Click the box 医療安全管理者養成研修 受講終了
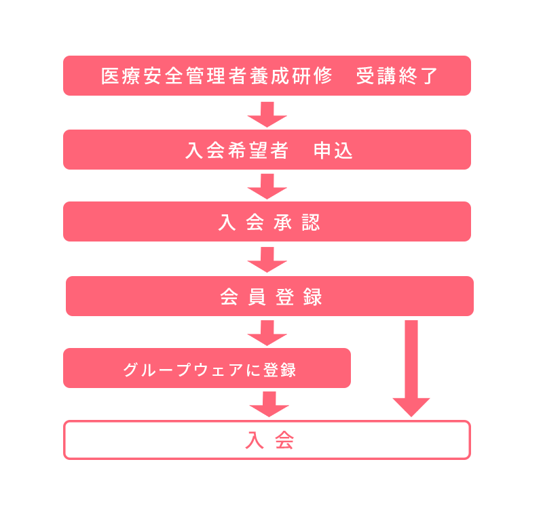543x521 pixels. pyautogui.click(x=267, y=75)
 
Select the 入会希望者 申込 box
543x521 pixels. pyautogui.click(x=267, y=149)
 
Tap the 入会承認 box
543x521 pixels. pyautogui.click(x=267, y=222)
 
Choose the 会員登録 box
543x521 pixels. pyautogui.click(x=269, y=296)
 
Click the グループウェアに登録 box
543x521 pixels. pyautogui.click(x=207, y=368)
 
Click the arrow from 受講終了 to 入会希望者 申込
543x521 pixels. pyautogui.click(x=267, y=115)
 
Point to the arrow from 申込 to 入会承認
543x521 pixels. pyautogui.click(x=267, y=187)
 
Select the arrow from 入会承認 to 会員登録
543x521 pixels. pyautogui.click(x=267, y=260)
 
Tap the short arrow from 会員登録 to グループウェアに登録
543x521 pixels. pyautogui.click(x=267, y=333)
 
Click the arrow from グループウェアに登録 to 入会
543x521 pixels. pyautogui.click(x=269, y=404)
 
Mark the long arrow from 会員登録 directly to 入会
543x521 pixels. pyautogui.click(x=411, y=368)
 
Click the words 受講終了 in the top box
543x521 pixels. pyautogui.click(x=397, y=76)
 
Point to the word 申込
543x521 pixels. pyautogui.click(x=333, y=151)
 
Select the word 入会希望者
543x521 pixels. pyautogui.click(x=237, y=151)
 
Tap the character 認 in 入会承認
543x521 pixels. pyautogui.click(x=311, y=223)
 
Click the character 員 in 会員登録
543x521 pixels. pyautogui.click(x=257, y=296)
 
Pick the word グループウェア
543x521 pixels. pyautogui.click(x=183, y=370)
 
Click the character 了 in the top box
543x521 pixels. pyautogui.click(x=429, y=76)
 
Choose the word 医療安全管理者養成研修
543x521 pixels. pyautogui.click(x=217, y=76)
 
